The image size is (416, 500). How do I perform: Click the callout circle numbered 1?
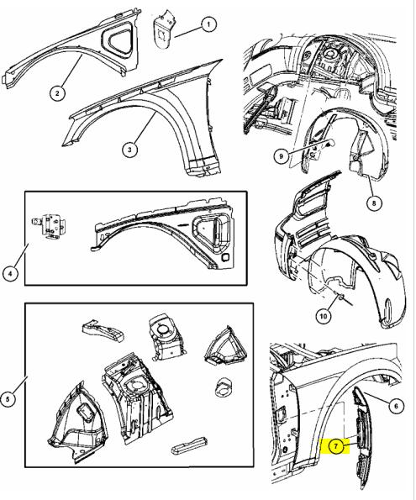pos(208,24)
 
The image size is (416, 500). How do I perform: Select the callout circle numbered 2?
pos(57,93)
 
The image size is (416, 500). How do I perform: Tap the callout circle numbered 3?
pos(129,150)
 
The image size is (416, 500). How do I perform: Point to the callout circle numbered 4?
pos(11,273)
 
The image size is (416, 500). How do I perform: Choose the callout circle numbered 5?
pos(8,398)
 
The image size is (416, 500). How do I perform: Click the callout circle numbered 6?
pos(396,406)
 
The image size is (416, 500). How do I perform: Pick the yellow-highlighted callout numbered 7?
pos(335,446)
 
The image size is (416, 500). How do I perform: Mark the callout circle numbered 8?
pos(374,203)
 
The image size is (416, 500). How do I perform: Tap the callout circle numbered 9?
pos(281,156)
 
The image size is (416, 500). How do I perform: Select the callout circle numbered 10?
pos(324,316)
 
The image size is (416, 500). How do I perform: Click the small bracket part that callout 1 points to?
pos(164,29)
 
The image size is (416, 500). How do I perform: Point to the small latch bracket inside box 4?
pos(49,225)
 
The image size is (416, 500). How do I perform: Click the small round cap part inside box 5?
pos(224,387)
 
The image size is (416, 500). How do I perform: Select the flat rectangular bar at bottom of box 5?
pos(189,445)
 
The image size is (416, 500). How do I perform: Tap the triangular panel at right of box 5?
pos(225,345)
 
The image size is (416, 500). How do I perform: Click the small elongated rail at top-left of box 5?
pos(103,329)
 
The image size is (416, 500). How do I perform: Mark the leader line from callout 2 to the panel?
pos(71,71)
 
